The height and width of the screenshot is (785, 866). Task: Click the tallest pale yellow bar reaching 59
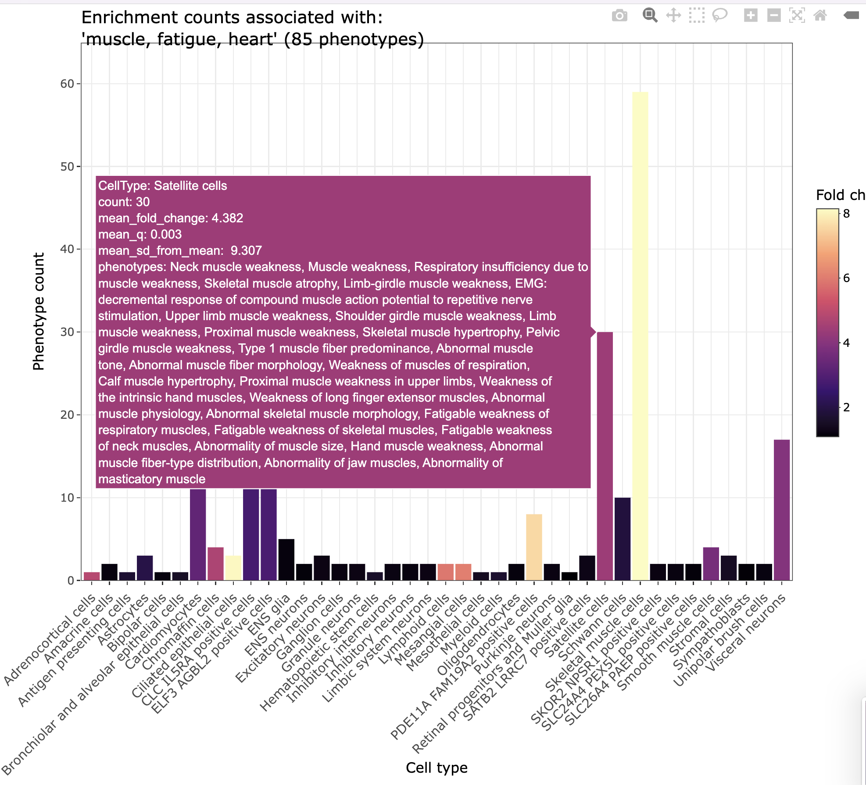[640, 333]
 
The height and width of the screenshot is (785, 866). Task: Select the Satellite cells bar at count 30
[605, 456]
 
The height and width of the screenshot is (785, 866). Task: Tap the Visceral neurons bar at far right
[782, 509]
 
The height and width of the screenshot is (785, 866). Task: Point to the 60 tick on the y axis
[67, 84]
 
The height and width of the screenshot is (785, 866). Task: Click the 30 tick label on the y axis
[67, 332]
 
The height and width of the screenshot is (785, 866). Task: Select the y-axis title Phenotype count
[39, 311]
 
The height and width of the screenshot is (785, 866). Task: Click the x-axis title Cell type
[437, 767]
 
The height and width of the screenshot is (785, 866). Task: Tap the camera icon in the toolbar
[619, 16]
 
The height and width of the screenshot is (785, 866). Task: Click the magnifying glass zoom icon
[650, 15]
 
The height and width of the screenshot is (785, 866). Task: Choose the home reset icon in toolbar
[820, 16]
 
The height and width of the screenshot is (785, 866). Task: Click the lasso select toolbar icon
[719, 15]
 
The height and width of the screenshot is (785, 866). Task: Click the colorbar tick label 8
[847, 214]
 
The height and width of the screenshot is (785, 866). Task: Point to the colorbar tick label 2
[847, 407]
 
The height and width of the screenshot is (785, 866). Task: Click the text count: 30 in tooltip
[124, 202]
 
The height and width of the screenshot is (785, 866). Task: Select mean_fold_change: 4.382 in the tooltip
[171, 218]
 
